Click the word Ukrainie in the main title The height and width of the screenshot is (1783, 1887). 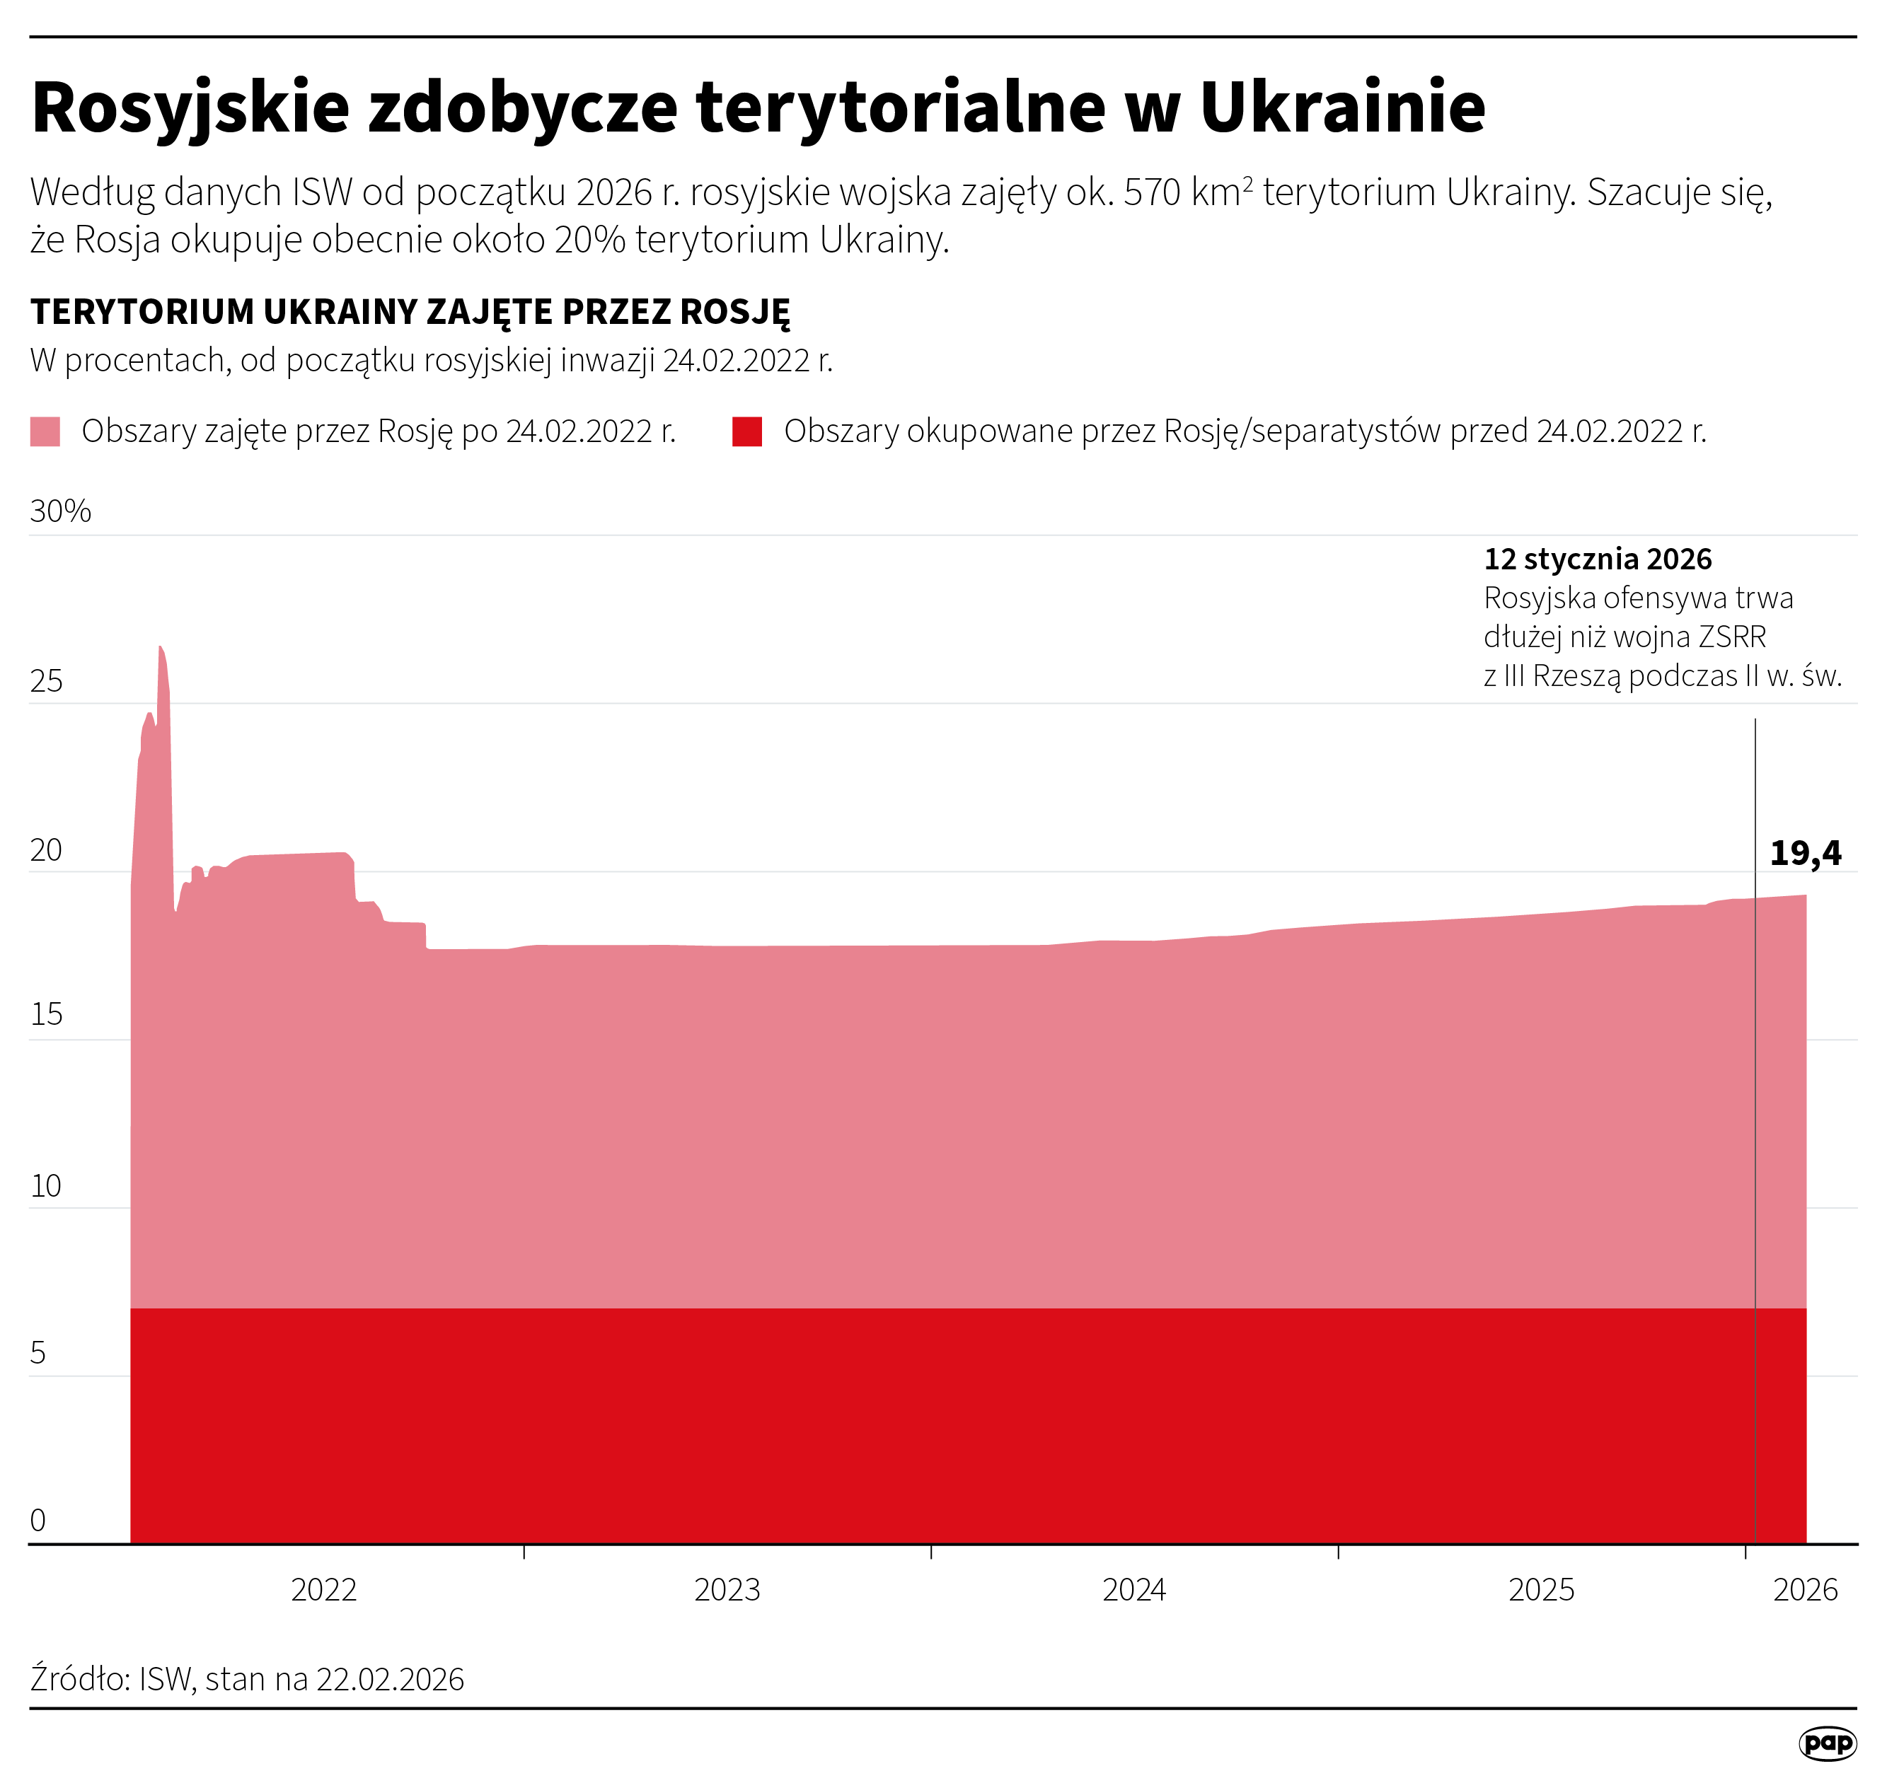pos(1341,108)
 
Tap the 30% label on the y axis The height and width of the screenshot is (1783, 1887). pos(61,511)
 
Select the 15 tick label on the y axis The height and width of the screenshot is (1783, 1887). pos(47,1014)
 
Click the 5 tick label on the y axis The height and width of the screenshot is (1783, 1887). pos(38,1352)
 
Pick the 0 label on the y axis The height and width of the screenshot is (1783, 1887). pos(38,1520)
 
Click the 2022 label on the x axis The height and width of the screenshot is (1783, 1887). pos(323,1589)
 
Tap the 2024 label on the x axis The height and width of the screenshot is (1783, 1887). pos(1133,1589)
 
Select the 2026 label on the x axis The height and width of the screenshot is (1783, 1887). pos(1805,1589)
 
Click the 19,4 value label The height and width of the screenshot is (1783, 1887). pos(1805,854)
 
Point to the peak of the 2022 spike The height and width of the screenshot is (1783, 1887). pos(161,648)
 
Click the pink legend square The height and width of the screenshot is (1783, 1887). pos(45,431)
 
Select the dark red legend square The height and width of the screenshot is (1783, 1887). pos(747,431)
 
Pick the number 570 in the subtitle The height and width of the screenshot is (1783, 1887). pos(1153,193)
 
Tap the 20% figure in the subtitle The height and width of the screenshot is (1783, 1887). pos(589,240)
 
